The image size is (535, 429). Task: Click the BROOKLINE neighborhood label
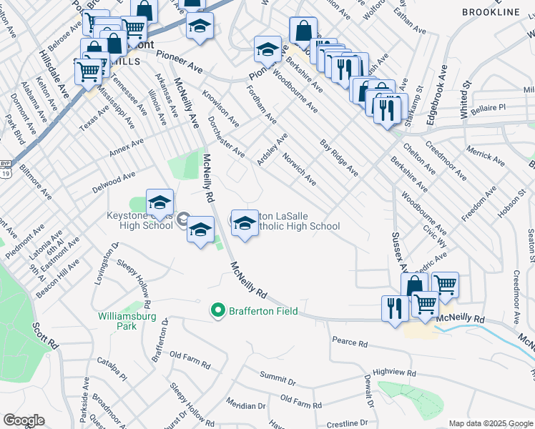(491, 13)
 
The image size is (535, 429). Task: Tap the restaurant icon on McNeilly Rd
(395, 308)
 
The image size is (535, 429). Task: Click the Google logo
(24, 420)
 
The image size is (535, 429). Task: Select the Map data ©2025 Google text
(490, 423)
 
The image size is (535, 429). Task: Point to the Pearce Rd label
(350, 342)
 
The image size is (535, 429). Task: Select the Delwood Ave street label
(114, 183)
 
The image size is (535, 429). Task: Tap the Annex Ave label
(127, 150)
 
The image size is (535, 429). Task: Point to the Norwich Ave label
(299, 169)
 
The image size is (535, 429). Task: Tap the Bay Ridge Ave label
(340, 158)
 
